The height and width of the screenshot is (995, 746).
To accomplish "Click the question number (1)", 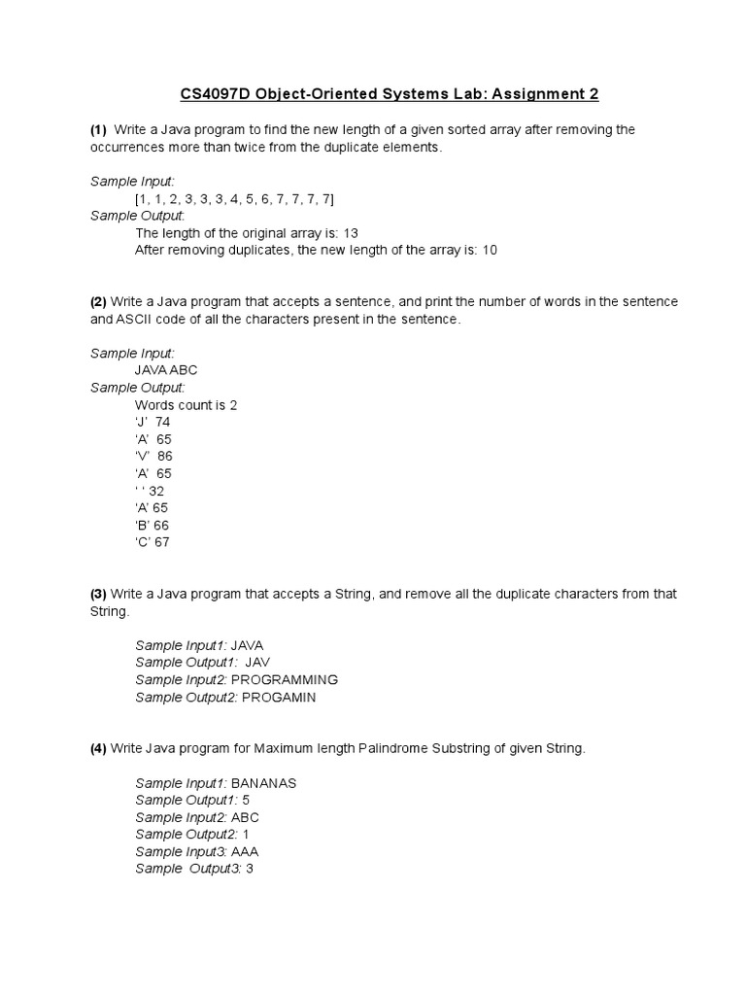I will coord(98,129).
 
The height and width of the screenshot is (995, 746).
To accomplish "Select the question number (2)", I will coord(98,302).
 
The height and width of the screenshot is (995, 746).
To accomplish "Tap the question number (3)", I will coord(98,594).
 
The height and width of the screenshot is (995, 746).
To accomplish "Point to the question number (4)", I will coord(98,749).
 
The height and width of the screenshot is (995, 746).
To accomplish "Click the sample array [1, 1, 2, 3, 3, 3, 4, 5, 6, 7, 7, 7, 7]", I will coord(234,198).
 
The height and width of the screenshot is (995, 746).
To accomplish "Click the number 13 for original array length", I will coord(352,233).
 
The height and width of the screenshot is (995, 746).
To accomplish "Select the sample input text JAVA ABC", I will coord(170,370).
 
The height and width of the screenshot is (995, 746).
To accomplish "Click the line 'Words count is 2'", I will coord(186,405).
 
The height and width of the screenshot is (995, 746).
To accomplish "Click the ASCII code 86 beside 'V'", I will coord(164,457).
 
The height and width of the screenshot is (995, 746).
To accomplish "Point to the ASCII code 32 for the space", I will coord(156,491).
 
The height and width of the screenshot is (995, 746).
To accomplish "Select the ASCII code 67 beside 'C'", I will coord(160,542).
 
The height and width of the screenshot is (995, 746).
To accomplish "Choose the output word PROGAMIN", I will coord(279,698).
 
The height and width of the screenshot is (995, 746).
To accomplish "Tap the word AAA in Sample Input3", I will coord(245,851).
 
